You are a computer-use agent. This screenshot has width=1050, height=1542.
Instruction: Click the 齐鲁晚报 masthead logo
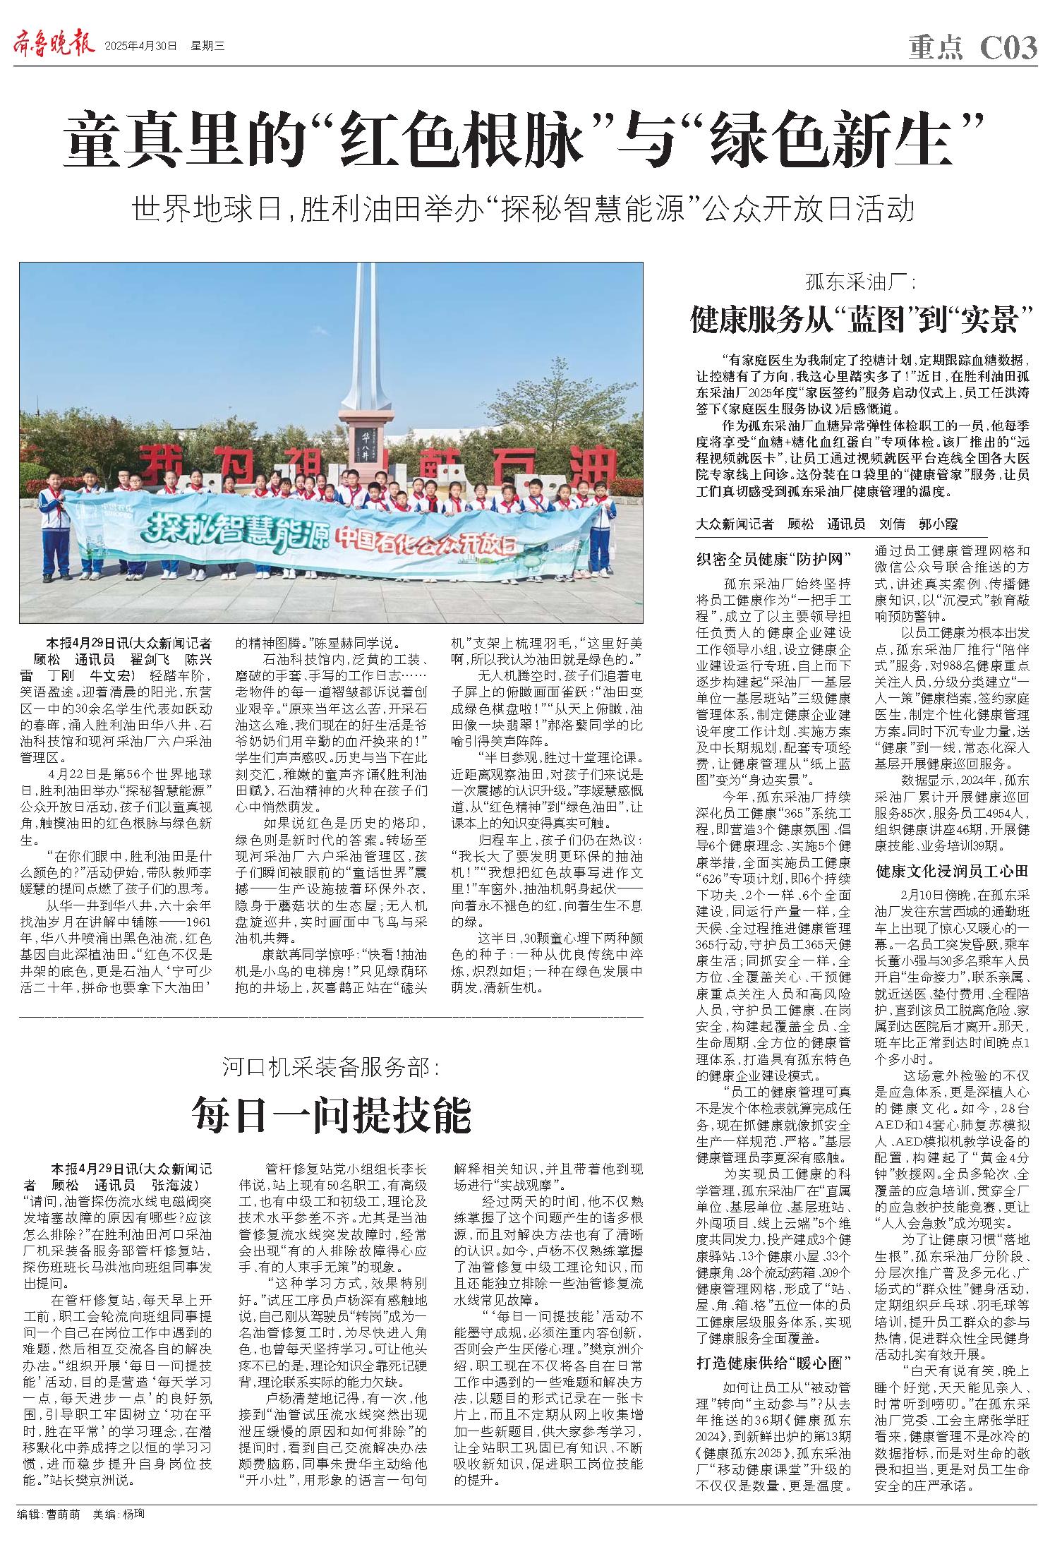pyautogui.click(x=54, y=46)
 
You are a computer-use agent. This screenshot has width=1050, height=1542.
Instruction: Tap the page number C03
pyautogui.click(x=1008, y=48)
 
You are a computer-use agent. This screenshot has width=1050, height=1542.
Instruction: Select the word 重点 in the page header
pyautogui.click(x=936, y=48)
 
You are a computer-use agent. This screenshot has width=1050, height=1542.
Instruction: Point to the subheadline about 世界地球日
pyautogui.click(x=524, y=210)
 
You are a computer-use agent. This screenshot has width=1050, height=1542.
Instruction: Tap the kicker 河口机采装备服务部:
pyautogui.click(x=331, y=1067)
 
